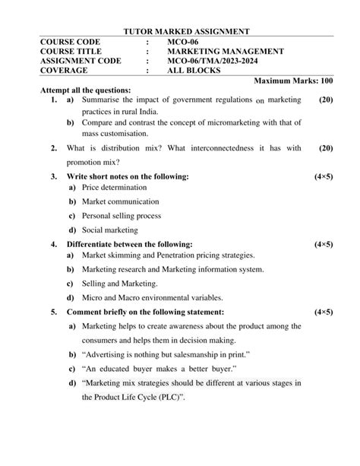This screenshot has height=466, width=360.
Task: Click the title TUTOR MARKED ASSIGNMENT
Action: tap(186, 31)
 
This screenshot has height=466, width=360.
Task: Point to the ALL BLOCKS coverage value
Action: tap(194, 71)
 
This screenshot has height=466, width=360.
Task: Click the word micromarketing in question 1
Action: tap(231, 123)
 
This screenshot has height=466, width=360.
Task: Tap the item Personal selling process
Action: tap(121, 216)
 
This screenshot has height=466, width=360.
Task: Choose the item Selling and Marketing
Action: tap(117, 284)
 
